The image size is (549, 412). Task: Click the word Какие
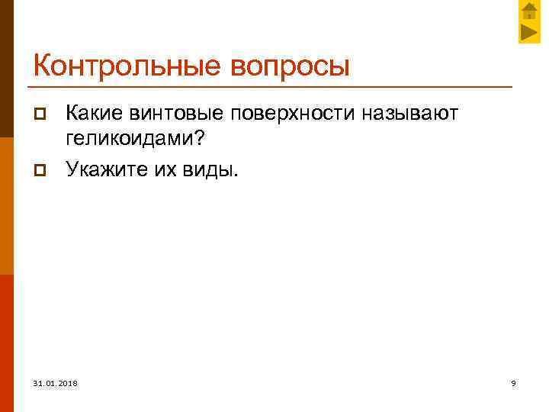coord(95,114)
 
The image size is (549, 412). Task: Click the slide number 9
coord(513,382)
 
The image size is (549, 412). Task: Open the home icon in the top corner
coord(528,11)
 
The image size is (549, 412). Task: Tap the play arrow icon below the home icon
coord(528,33)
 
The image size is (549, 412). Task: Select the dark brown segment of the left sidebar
coord(7,69)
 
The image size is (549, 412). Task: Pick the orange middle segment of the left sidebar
coord(7,206)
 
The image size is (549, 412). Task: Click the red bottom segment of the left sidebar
coord(7,343)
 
